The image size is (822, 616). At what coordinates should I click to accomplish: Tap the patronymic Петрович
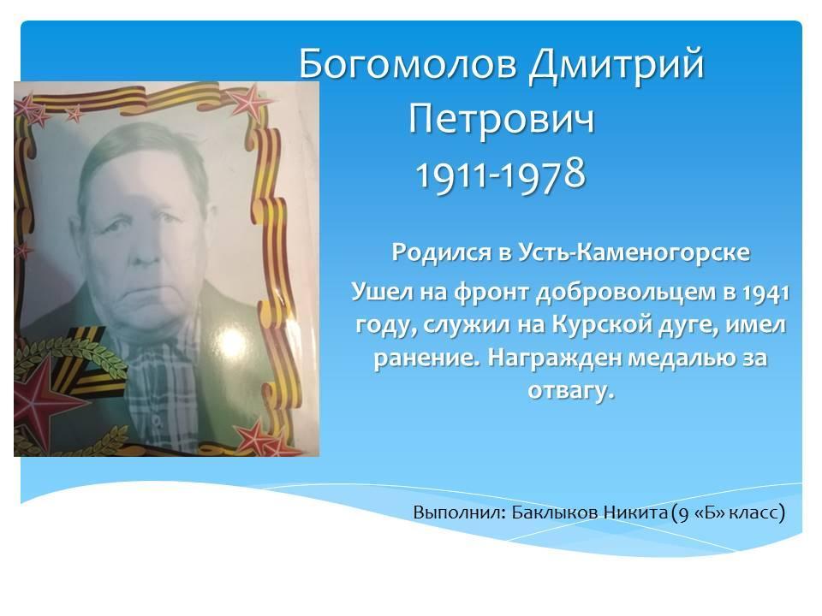point(502,121)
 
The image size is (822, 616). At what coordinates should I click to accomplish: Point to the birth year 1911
point(452,175)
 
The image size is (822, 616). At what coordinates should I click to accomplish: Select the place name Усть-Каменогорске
point(634,252)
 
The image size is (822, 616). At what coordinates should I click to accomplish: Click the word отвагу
point(570,391)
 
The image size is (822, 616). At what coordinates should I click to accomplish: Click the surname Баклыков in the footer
point(555,512)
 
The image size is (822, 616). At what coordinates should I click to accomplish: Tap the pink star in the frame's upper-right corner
point(248,101)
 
